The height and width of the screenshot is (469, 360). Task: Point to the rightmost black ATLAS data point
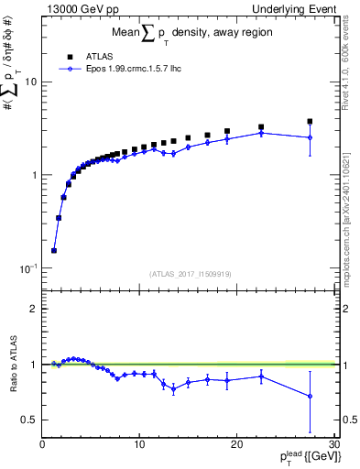point(310,121)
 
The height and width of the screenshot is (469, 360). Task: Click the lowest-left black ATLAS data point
point(54,250)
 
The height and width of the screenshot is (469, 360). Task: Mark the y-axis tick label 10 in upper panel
point(30,82)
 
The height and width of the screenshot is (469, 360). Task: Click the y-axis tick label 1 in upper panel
point(33,175)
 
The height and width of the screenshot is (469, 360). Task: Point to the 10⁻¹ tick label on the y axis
point(27,268)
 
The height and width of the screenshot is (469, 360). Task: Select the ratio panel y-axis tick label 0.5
point(29,420)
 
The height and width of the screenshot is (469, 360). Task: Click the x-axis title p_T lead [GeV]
point(300,458)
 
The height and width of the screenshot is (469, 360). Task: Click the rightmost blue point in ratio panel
point(310,397)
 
